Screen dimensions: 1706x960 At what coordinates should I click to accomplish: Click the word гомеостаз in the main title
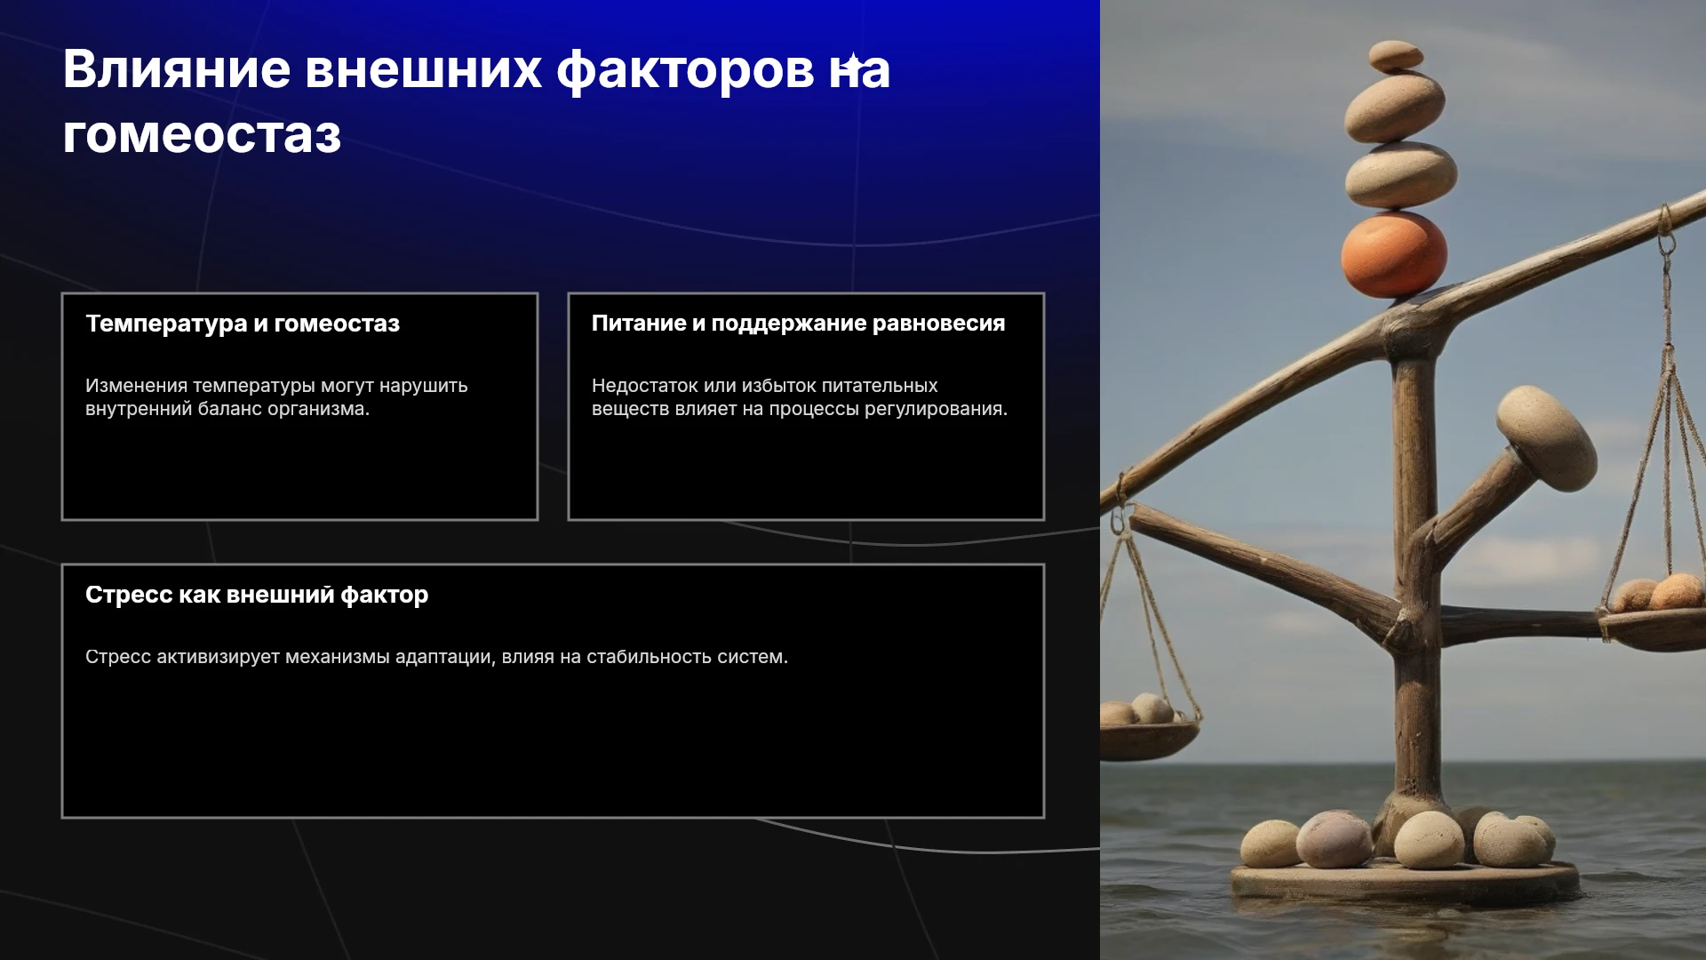tap(202, 135)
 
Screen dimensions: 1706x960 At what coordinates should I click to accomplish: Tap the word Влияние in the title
tap(177, 68)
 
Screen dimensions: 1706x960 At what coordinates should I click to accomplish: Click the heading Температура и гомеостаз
tap(243, 324)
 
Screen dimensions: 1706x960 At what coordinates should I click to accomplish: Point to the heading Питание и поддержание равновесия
tap(798, 324)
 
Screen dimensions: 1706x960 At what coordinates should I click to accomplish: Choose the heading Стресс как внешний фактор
tap(257, 595)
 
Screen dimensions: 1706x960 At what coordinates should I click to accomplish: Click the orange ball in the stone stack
tap(1393, 255)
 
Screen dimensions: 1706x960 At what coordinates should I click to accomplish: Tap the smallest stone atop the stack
tap(1396, 56)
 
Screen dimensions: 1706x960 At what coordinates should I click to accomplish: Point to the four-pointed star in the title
tap(852, 64)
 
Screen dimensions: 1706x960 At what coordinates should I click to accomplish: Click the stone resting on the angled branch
tap(1546, 437)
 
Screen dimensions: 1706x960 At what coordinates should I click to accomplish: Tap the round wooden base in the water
tap(1405, 881)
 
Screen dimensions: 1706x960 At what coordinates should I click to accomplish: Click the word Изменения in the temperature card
tap(136, 386)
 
